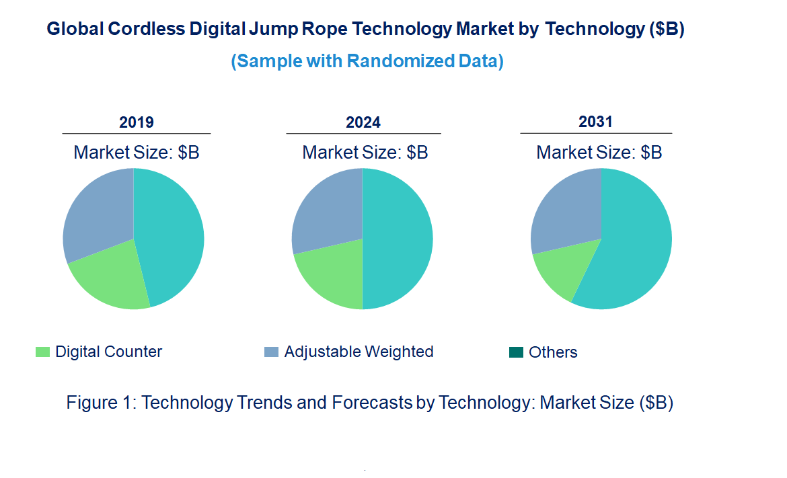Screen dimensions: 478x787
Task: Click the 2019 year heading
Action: pyautogui.click(x=137, y=122)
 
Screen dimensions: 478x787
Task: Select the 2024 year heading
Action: pyautogui.click(x=363, y=122)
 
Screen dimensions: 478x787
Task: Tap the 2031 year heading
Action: pyautogui.click(x=596, y=122)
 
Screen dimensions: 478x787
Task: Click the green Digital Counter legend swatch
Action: pyautogui.click(x=43, y=352)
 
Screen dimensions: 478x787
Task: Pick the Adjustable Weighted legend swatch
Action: pyautogui.click(x=271, y=352)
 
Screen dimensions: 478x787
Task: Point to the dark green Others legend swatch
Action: pyautogui.click(x=516, y=352)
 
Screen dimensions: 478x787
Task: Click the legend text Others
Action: pyautogui.click(x=553, y=352)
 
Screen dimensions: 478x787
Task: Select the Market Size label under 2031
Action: pyautogui.click(x=599, y=153)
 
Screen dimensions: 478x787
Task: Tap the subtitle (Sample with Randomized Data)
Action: pyautogui.click(x=367, y=61)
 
